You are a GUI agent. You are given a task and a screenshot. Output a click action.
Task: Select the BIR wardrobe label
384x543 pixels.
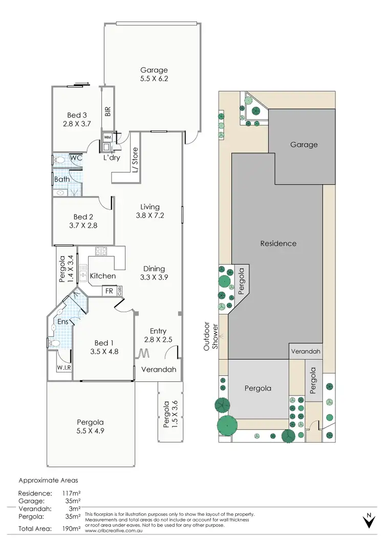[108, 111]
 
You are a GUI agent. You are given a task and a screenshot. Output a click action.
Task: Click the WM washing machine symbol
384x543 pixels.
[108, 137]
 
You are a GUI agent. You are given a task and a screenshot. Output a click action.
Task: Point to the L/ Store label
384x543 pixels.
[135, 160]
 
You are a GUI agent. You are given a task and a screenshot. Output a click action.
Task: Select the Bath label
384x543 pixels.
[62, 179]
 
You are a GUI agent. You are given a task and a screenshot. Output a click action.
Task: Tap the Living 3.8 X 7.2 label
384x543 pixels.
[150, 211]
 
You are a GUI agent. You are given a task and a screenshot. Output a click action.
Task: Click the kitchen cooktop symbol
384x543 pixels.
[100, 251]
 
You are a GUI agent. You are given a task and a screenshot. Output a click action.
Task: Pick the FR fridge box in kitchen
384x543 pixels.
[109, 291]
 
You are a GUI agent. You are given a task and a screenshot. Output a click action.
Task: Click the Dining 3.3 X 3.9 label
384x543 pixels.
[154, 273]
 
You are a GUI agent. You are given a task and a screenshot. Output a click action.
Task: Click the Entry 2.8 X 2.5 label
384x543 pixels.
[158, 336]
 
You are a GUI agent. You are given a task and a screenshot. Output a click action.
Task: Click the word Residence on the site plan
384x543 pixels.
[278, 244]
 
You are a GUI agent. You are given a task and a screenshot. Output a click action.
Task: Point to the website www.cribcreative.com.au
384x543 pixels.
[112, 531]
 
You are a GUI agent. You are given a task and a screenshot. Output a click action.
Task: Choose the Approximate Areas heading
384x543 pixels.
[48, 481]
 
